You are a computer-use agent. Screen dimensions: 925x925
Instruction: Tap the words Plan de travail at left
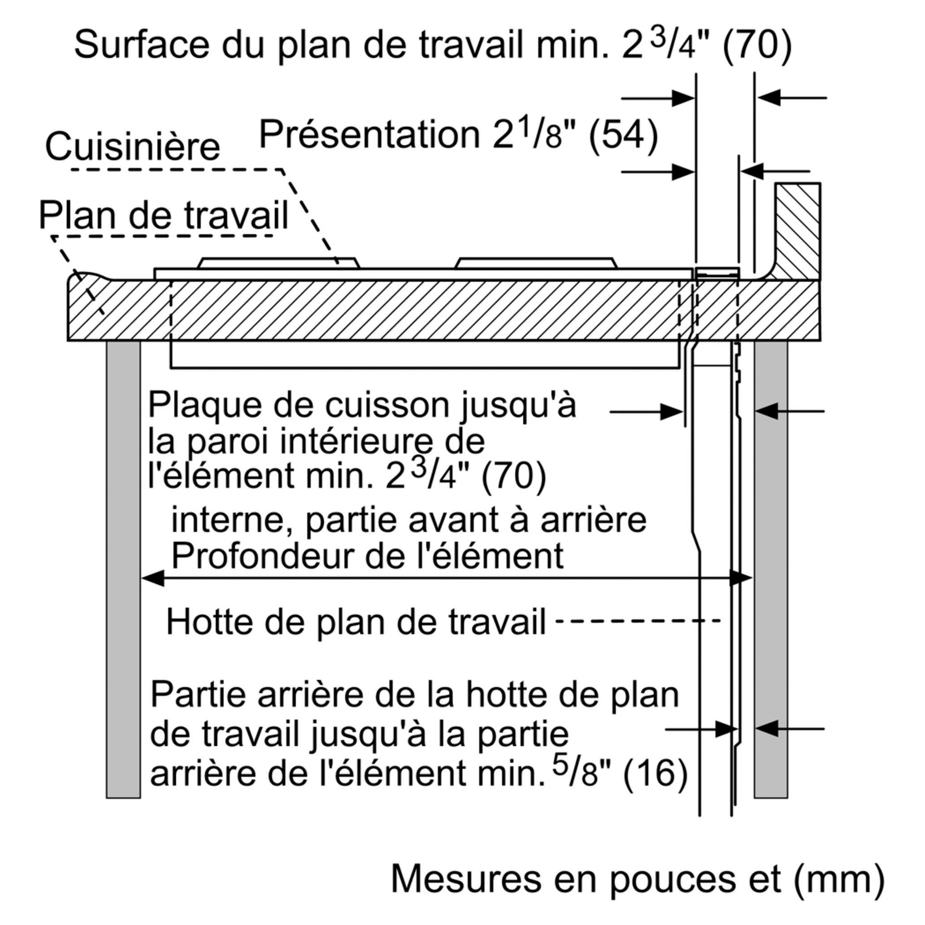pos(163,215)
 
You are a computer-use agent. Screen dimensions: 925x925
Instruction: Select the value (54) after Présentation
pos(623,135)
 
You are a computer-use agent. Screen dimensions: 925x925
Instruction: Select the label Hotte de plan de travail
pos(356,622)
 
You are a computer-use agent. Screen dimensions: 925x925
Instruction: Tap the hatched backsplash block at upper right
pos(797,231)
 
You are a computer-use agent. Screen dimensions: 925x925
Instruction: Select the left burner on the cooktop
pos(278,263)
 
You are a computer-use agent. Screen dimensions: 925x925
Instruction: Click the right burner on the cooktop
pos(536,263)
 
